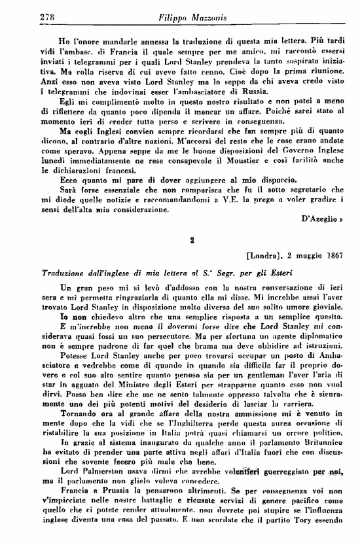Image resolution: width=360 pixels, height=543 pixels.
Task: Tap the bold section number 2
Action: [x=192, y=240]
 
